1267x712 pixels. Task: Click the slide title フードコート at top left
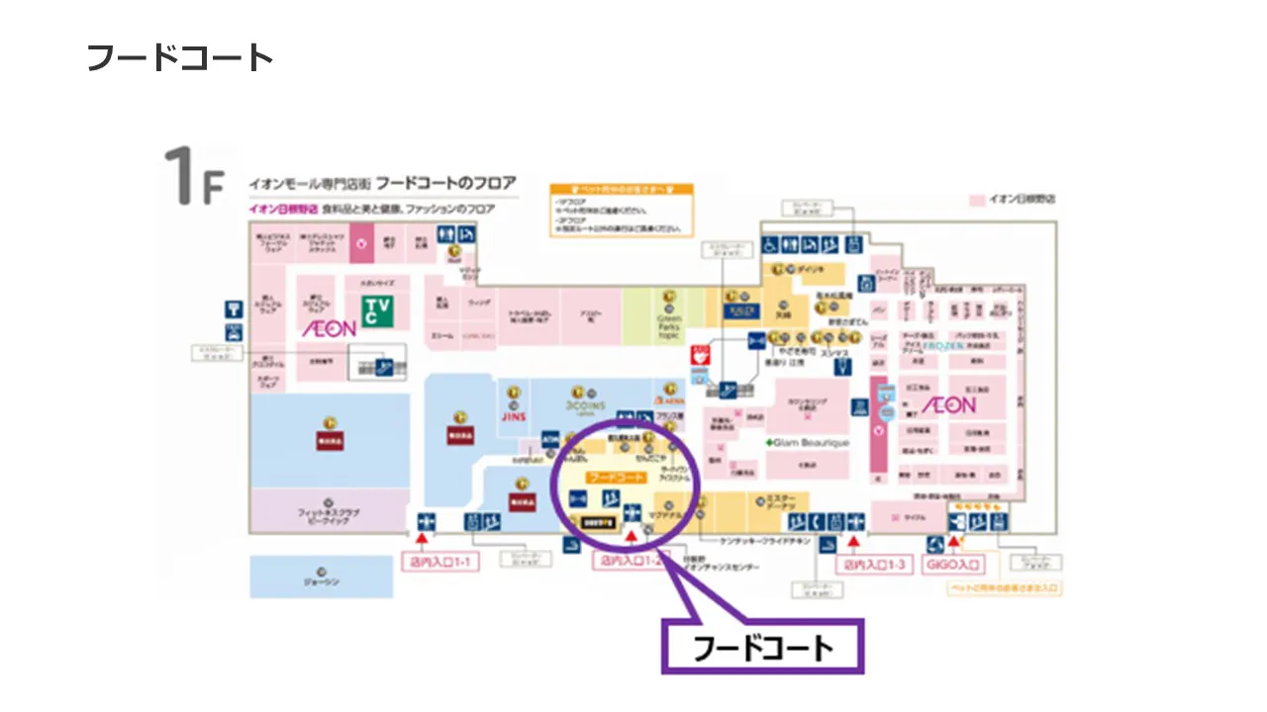tap(179, 57)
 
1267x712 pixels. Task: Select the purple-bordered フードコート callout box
tap(762, 648)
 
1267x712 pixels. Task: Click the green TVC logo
tap(375, 311)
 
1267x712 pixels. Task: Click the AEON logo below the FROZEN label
tap(948, 405)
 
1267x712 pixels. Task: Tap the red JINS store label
tap(515, 417)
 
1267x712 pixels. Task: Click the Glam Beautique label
tap(809, 443)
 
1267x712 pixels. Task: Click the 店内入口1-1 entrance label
tap(440, 564)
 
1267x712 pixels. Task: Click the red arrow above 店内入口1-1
tap(422, 540)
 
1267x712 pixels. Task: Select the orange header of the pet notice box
tap(622, 187)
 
